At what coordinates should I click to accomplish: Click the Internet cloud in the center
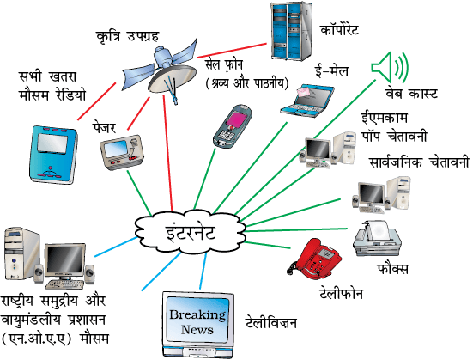(x=190, y=233)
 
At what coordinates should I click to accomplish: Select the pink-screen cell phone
(x=233, y=126)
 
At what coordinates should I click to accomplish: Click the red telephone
(x=315, y=259)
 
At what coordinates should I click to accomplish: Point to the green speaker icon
(x=390, y=67)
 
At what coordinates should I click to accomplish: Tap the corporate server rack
(x=291, y=31)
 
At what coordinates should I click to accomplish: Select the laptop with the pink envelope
(x=307, y=101)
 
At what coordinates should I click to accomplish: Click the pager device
(x=122, y=152)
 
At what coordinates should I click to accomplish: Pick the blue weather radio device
(x=54, y=155)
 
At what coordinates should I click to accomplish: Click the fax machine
(x=377, y=238)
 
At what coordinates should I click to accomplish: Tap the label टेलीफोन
(x=341, y=293)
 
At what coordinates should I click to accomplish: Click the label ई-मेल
(x=331, y=71)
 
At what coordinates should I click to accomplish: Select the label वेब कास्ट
(x=411, y=94)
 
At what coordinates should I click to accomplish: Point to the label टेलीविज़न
(x=271, y=322)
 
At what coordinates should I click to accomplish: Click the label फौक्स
(x=392, y=268)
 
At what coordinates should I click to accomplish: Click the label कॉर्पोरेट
(x=339, y=29)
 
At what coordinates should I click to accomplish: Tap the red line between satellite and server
(x=232, y=51)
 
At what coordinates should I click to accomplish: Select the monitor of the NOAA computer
(x=65, y=262)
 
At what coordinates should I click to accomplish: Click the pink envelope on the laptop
(x=306, y=91)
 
